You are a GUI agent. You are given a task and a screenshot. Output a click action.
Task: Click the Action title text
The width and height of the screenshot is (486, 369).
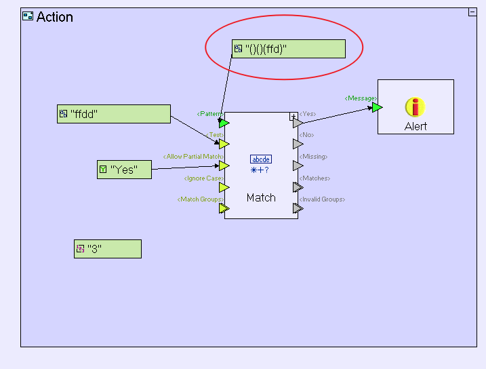pyautogui.click(x=54, y=17)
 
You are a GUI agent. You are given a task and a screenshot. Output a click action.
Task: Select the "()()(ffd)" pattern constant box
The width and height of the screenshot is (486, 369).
pyautogui.click(x=288, y=49)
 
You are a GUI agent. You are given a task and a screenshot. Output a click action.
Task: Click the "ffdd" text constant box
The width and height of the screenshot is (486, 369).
pyautogui.click(x=113, y=114)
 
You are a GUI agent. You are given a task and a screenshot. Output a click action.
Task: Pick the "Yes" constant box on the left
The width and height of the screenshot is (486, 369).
pyautogui.click(x=124, y=170)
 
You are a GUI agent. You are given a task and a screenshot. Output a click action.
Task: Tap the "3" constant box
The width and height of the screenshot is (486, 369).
pyautogui.click(x=107, y=249)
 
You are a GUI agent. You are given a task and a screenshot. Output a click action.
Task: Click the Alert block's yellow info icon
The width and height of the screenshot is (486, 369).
pyautogui.click(x=415, y=107)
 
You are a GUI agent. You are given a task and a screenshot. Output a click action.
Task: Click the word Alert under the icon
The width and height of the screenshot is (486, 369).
pyautogui.click(x=416, y=126)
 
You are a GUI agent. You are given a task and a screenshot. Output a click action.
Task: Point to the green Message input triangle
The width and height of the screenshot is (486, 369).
pyautogui.click(x=377, y=107)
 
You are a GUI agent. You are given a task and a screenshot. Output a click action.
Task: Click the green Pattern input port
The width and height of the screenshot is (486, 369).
pyautogui.click(x=224, y=123)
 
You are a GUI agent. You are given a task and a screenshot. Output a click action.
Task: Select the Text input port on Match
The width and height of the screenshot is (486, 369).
pyautogui.click(x=224, y=144)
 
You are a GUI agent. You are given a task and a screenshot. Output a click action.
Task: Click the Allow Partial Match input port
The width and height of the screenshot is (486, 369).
pyautogui.click(x=224, y=166)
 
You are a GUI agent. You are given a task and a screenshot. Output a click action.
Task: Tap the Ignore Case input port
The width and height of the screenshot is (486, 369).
pyautogui.click(x=224, y=187)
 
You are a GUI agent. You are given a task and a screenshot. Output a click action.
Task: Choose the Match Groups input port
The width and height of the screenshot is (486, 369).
pyautogui.click(x=224, y=208)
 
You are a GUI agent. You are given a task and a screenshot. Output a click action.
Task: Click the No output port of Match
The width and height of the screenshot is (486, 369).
pyautogui.click(x=298, y=144)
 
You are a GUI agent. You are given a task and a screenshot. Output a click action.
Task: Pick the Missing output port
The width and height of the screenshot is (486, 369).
pyautogui.click(x=298, y=166)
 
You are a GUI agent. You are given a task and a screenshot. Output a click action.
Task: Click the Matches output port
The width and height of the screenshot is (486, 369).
pyautogui.click(x=298, y=187)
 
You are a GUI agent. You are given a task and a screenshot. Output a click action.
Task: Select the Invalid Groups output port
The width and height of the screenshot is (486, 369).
pyautogui.click(x=298, y=208)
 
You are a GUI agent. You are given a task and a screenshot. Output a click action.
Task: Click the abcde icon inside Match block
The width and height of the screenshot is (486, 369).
pyautogui.click(x=261, y=159)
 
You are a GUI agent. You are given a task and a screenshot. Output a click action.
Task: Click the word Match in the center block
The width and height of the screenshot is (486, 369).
pyautogui.click(x=261, y=198)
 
